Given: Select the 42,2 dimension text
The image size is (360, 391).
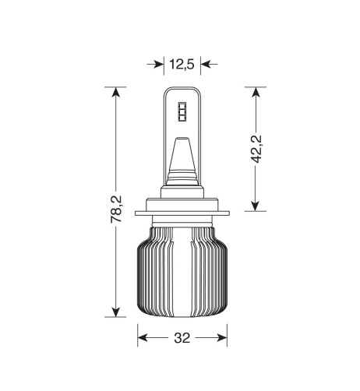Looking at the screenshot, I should (256, 150).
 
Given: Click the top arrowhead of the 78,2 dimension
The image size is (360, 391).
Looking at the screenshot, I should (116, 93).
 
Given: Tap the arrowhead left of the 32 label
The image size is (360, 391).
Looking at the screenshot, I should (143, 339).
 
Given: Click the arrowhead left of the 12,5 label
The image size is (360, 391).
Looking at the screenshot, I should (158, 64).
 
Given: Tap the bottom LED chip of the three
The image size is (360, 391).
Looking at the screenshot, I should (182, 119).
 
